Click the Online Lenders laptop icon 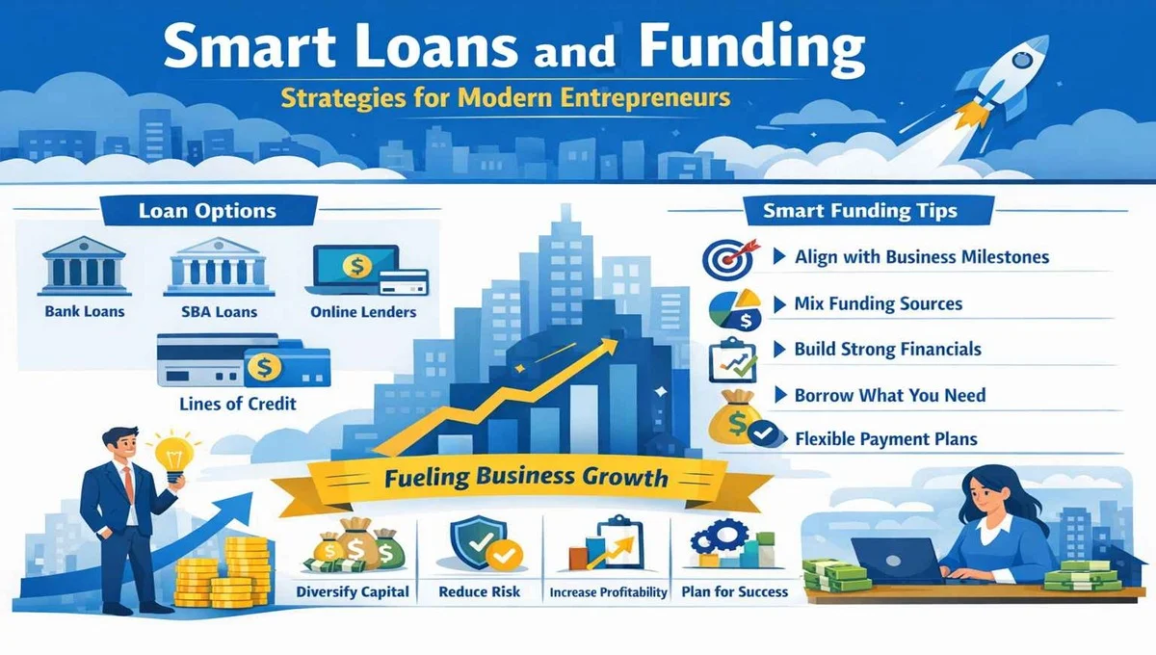[354, 268]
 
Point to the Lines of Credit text [237, 405]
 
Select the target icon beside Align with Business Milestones [724, 258]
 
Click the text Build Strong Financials [887, 350]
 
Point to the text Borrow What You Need [889, 395]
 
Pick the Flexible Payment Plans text [886, 439]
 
